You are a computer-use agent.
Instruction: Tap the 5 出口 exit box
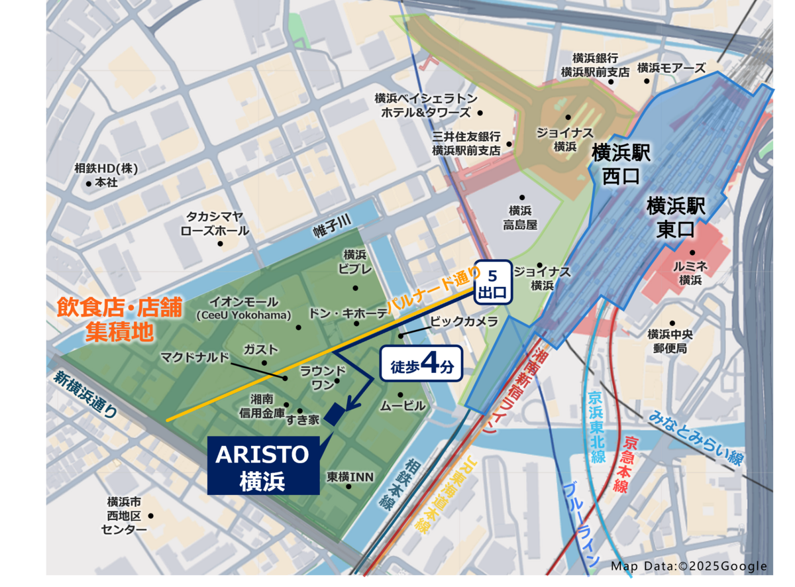pos(493,282)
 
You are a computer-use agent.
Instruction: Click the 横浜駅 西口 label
pos(621,164)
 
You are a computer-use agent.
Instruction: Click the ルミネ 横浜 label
pos(690,272)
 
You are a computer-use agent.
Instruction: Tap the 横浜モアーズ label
pos(671,68)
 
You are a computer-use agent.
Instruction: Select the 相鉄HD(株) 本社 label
pos(106,175)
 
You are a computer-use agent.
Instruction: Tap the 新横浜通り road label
pos(86,394)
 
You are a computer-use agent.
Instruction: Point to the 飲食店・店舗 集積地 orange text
pos(119,319)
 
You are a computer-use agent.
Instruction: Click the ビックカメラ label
pos(464,322)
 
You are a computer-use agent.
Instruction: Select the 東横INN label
pos(350,476)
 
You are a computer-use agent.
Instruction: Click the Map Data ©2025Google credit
pos(688,566)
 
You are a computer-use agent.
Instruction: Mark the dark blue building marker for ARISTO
pos(335,413)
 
